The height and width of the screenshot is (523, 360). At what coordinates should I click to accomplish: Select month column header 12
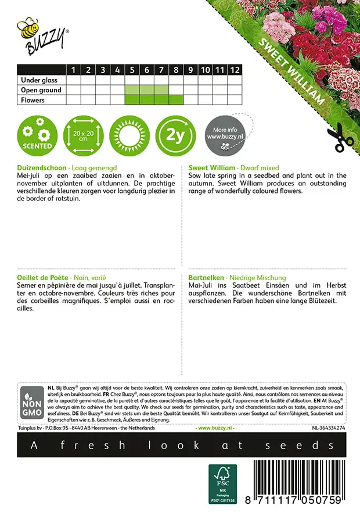point(235,70)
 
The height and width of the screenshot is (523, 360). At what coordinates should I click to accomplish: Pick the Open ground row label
point(41,90)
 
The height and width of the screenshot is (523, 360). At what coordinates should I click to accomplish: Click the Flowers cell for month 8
point(176,100)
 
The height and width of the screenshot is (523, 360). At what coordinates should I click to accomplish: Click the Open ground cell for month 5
point(132,90)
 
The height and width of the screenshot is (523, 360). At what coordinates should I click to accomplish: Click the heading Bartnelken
point(206,278)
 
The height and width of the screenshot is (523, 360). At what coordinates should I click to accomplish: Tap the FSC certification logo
point(222,483)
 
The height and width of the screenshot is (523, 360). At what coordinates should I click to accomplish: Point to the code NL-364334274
point(328,428)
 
